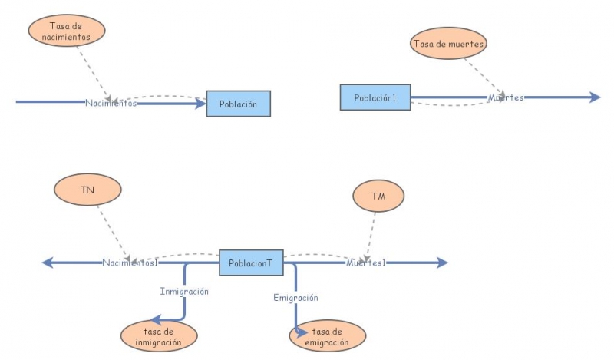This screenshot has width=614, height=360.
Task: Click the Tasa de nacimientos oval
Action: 65,31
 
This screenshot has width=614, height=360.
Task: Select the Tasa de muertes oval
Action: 448,43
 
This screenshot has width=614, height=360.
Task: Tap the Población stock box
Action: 238,104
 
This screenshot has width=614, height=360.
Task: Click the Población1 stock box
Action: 375,97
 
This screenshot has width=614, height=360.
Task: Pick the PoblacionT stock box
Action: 250,263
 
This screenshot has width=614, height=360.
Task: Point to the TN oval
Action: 87,190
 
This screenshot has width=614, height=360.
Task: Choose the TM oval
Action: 378,197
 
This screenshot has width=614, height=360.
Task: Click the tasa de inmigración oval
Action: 158,336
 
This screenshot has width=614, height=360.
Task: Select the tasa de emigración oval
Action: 328,336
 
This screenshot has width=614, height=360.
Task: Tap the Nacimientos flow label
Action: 111,103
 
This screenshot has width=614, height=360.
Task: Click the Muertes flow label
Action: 506,97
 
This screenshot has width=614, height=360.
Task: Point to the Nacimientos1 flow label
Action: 130,263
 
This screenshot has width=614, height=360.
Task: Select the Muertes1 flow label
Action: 365,263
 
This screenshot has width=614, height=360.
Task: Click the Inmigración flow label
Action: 184,291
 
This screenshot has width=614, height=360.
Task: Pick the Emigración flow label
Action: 295,297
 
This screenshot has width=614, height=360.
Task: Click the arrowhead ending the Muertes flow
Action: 595,97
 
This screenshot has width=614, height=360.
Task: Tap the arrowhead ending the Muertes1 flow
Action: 441,263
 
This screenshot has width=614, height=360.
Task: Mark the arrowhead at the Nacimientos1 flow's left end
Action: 47,263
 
